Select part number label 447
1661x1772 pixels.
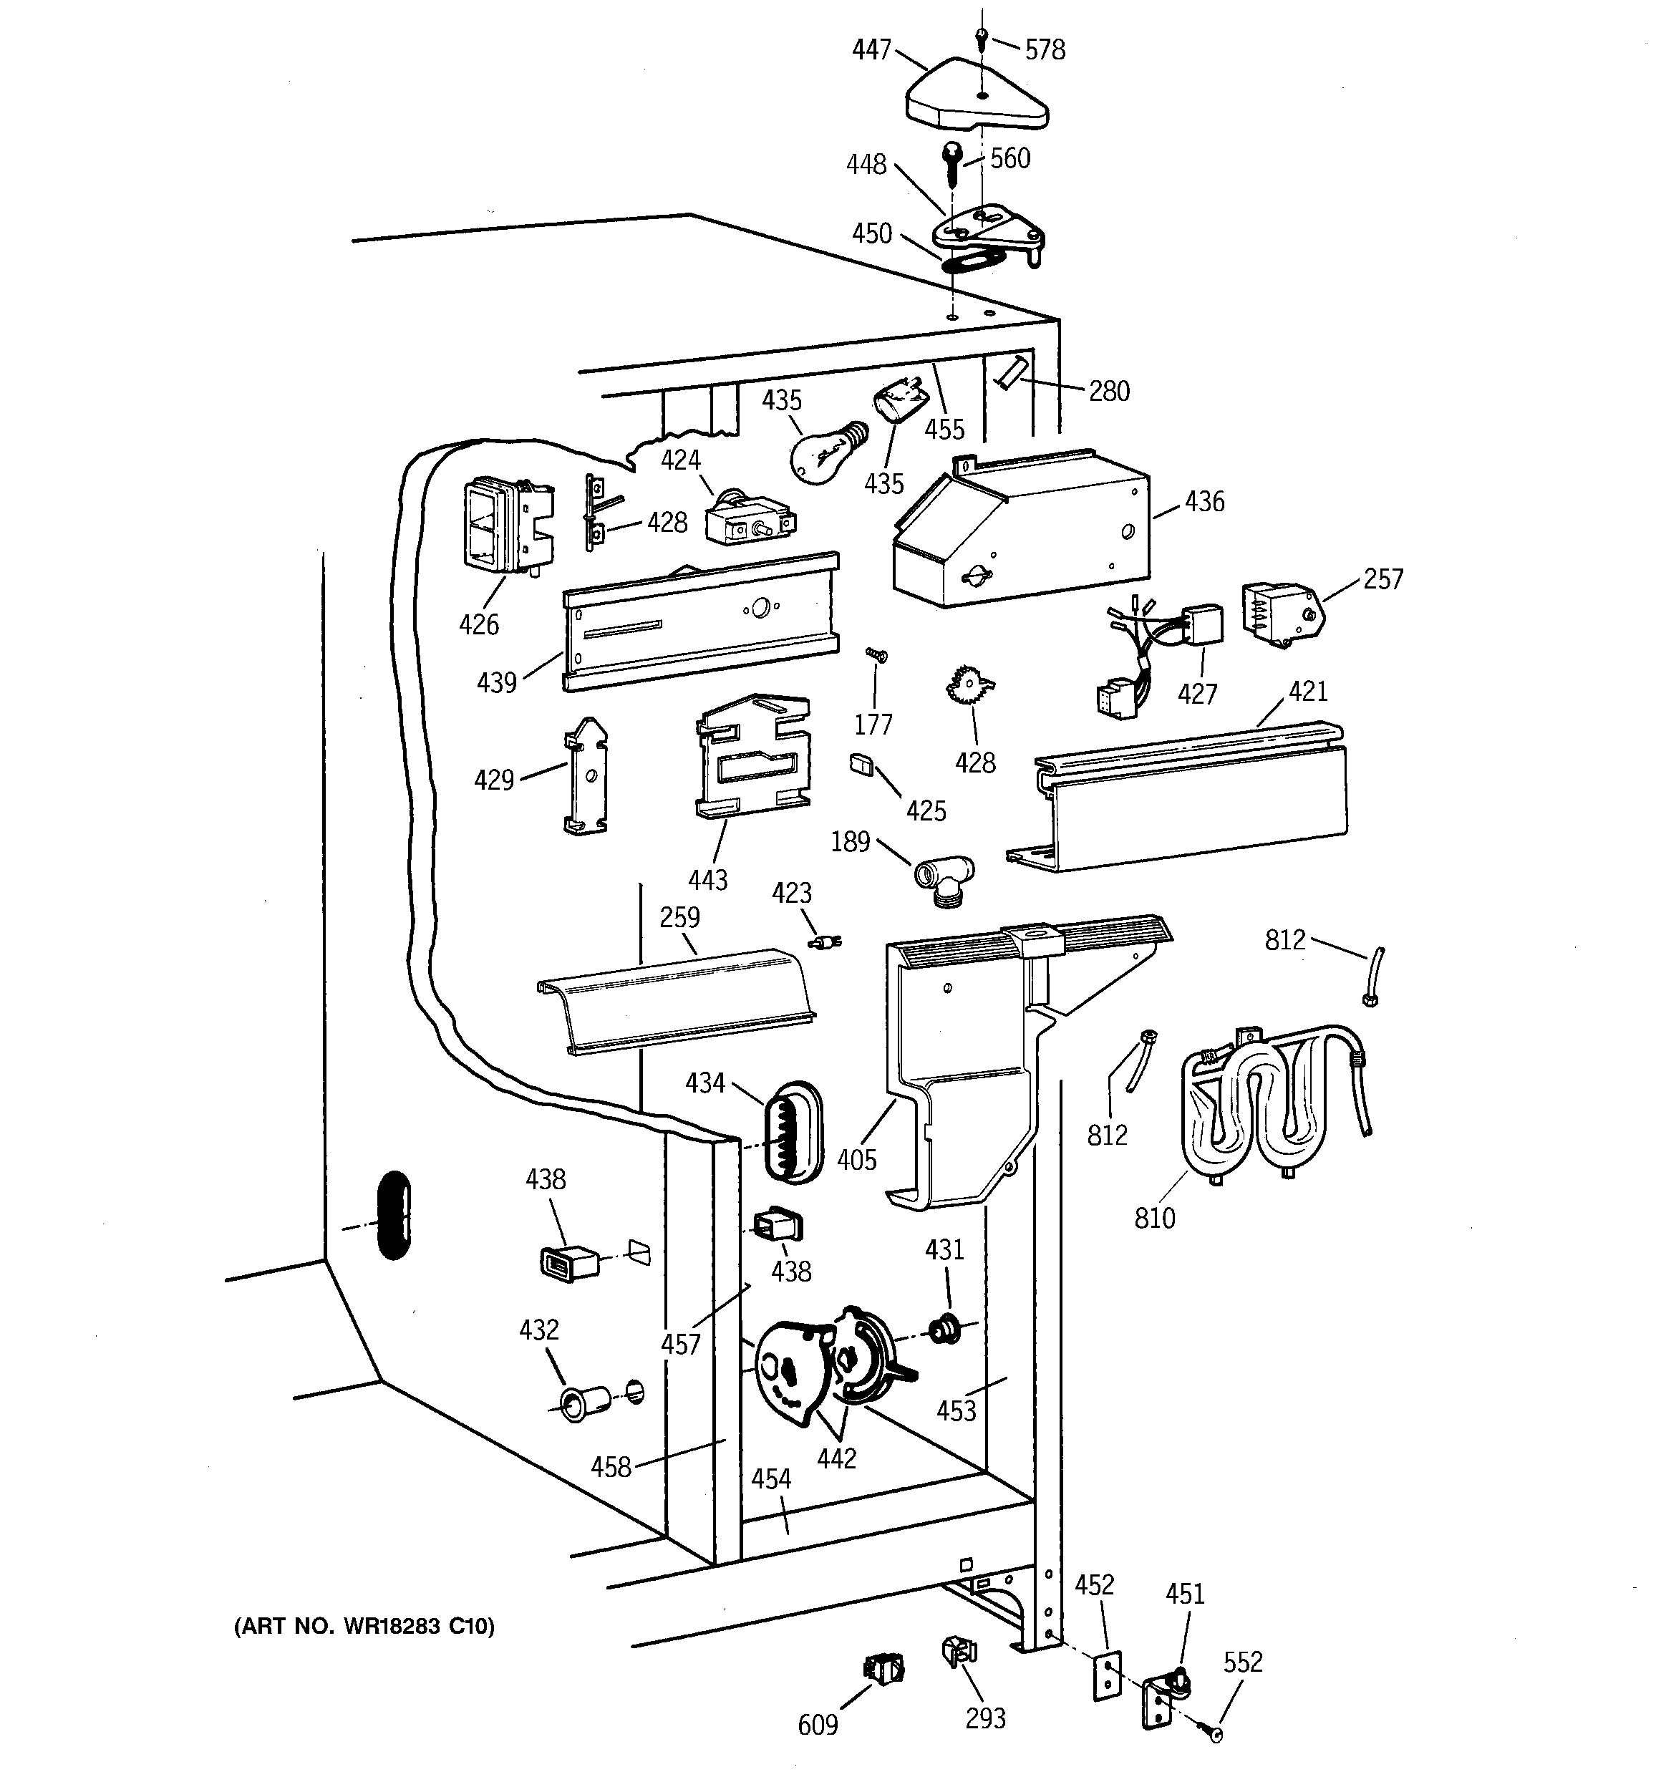(871, 50)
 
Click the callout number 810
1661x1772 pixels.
(1155, 1218)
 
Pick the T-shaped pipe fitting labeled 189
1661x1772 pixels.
(944, 881)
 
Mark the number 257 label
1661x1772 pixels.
(1382, 579)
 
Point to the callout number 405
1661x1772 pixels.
(857, 1160)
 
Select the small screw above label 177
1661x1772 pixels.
(876, 655)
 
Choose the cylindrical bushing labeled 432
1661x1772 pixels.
(584, 1403)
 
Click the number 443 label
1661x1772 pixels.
(708, 880)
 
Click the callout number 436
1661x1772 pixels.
(1204, 502)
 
